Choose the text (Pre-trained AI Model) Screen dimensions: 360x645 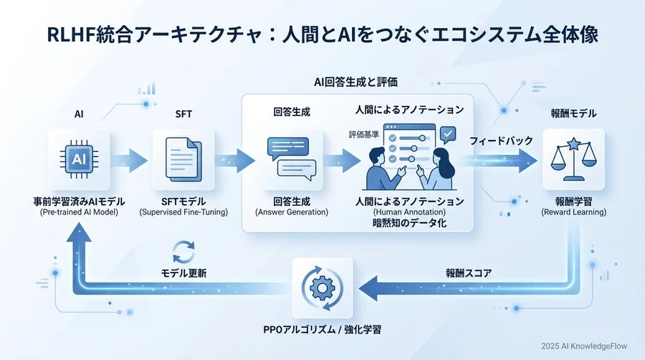coord(80,213)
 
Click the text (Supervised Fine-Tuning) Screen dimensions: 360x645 coord(183,213)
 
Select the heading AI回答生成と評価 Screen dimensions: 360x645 coord(355,81)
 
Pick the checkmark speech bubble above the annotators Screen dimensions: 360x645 coord(447,133)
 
